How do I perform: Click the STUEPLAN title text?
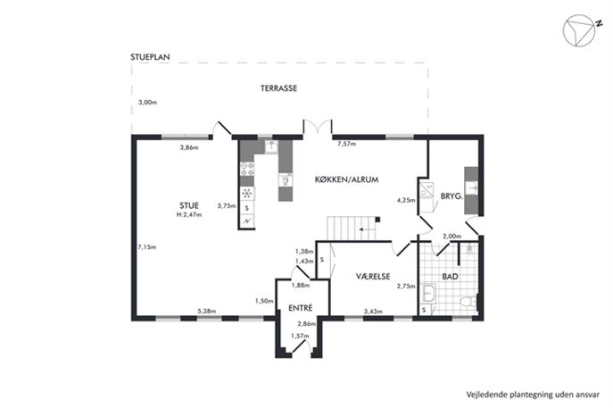tap(150, 57)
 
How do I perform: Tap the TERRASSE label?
tap(278, 88)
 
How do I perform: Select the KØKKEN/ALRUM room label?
tap(347, 180)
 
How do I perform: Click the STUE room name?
tap(189, 205)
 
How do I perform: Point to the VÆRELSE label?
tap(373, 276)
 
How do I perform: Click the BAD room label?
tap(450, 277)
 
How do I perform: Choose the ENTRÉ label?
tap(300, 308)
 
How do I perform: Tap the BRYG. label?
tap(451, 196)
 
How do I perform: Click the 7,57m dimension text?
tap(347, 144)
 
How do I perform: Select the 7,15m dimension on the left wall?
tap(146, 247)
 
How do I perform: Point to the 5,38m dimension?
tap(206, 312)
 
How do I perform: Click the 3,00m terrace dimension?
tap(147, 103)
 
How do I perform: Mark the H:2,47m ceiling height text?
tap(189, 215)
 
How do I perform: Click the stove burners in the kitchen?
tap(247, 169)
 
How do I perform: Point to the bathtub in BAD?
tap(428, 294)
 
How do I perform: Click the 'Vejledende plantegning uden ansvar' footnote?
tap(533, 395)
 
